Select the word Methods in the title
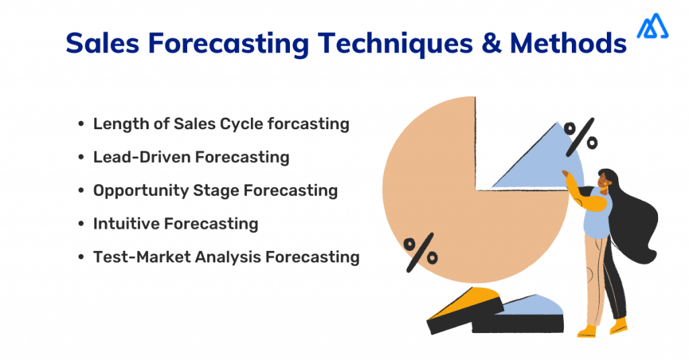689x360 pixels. coord(567,44)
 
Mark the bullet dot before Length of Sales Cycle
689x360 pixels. coord(81,124)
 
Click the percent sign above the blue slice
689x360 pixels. coord(580,135)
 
